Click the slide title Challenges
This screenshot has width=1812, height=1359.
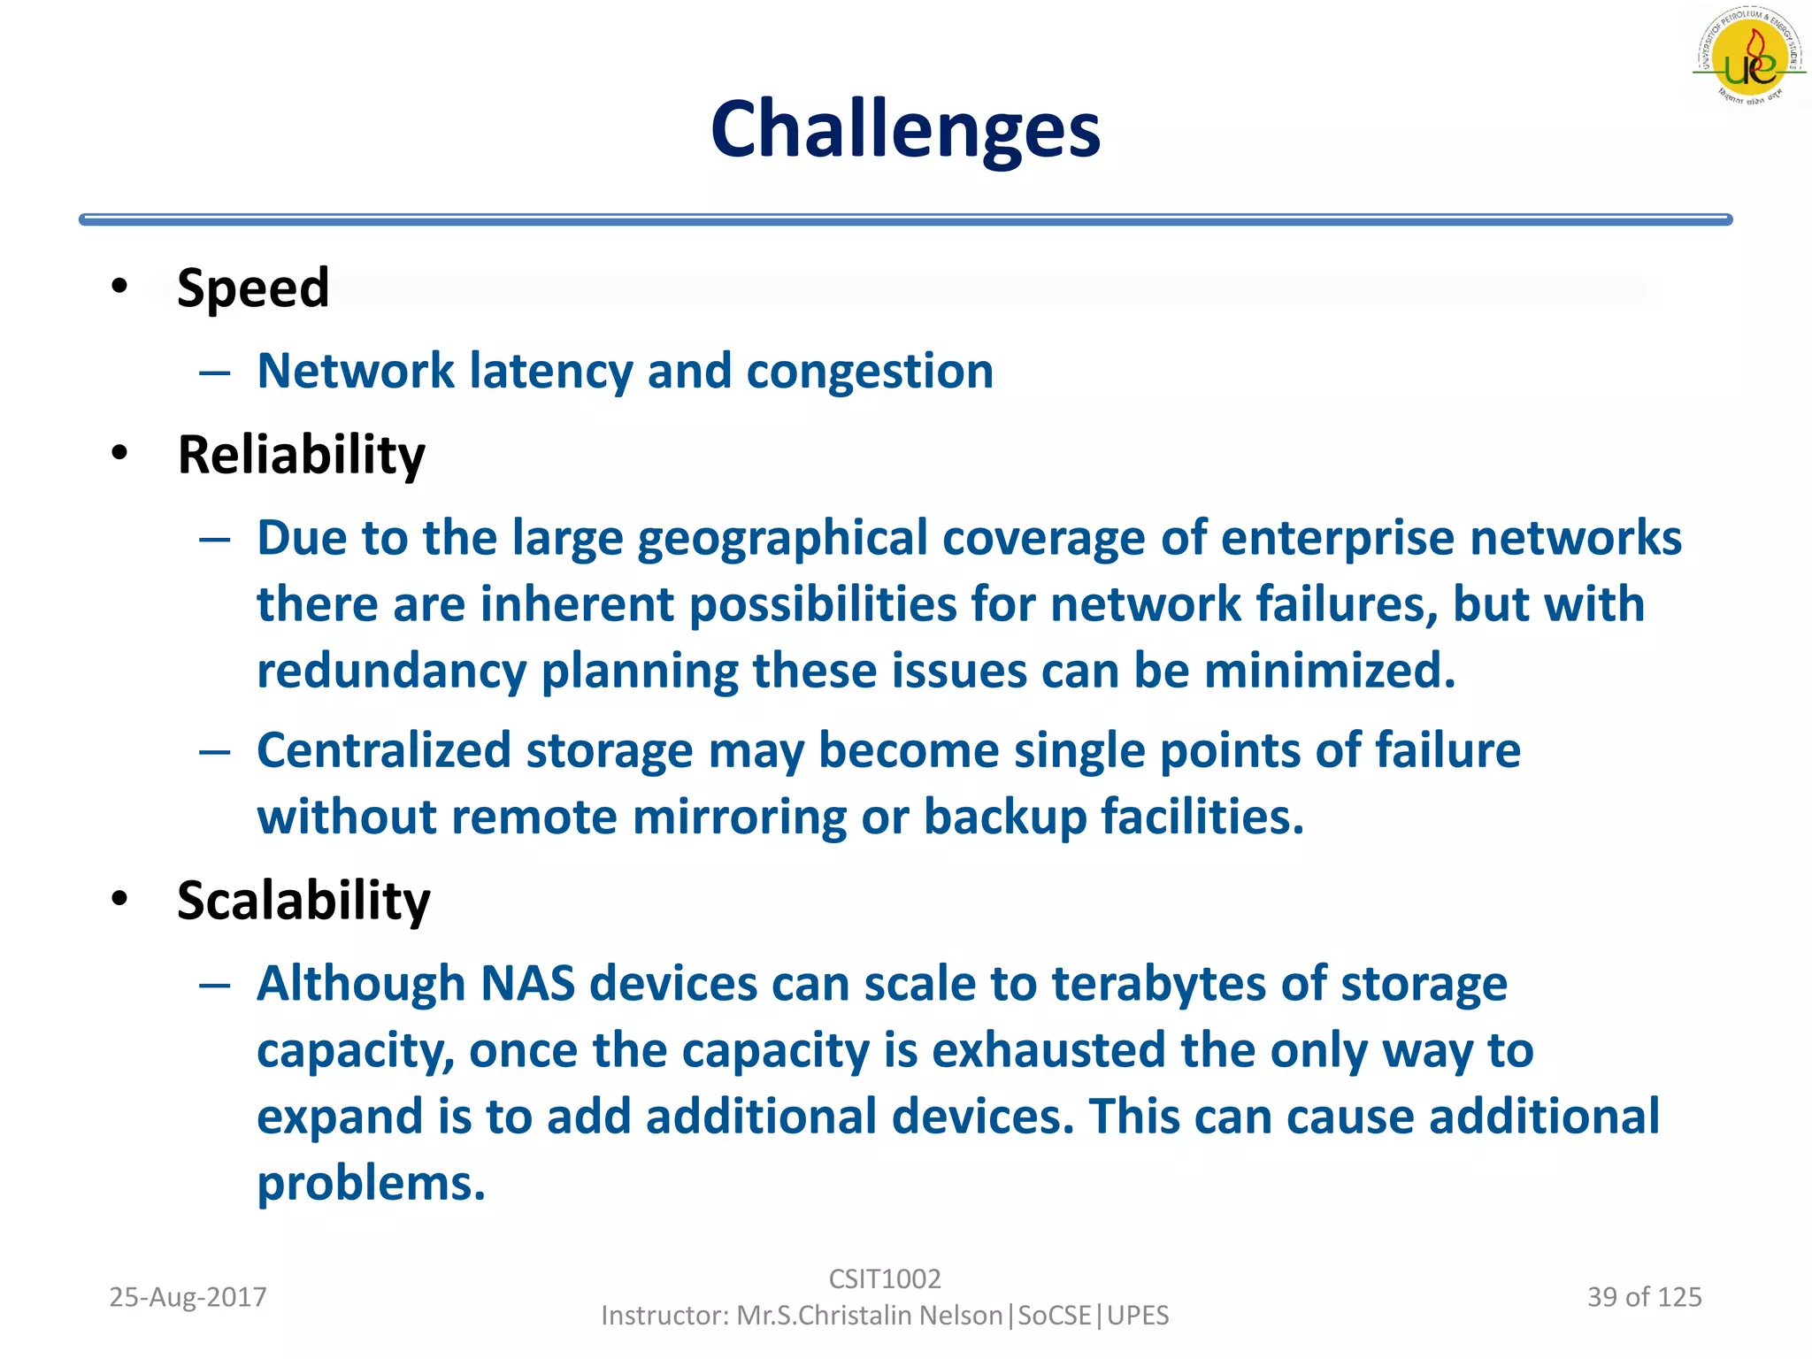click(905, 130)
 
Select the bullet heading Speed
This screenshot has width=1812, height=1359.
click(253, 288)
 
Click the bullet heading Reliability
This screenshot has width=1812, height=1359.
click(301, 455)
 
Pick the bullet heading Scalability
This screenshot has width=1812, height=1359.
click(303, 901)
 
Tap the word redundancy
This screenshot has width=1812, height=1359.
click(391, 672)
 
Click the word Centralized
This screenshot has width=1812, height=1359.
click(384, 751)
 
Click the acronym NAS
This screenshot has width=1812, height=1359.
click(527, 984)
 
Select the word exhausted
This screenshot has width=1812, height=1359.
click(1048, 1051)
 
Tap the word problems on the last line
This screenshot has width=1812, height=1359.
click(371, 1184)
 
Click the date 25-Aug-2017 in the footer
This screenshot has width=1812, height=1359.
click(188, 1297)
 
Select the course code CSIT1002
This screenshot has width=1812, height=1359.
click(885, 1278)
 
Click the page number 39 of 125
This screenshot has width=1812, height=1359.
click(1644, 1297)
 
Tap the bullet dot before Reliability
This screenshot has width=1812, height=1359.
click(119, 453)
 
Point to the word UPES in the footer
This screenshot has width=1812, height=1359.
click(1138, 1316)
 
